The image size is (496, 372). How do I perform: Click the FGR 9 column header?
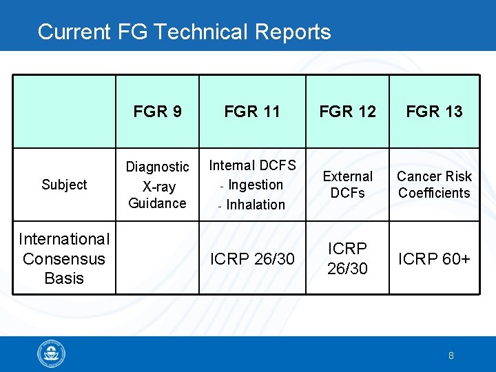tap(158, 112)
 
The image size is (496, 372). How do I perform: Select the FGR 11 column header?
tap(252, 112)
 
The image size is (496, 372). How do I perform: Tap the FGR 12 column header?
tap(347, 112)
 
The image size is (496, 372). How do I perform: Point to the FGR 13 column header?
tap(434, 112)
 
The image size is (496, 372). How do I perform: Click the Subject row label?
tap(64, 185)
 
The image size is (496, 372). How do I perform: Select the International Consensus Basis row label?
tap(64, 258)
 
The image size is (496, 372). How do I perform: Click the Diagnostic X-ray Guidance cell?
tap(157, 185)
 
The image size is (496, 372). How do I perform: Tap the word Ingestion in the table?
tap(256, 185)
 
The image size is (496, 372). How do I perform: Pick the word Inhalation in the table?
tap(256, 205)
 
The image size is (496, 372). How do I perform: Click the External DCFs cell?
tap(347, 185)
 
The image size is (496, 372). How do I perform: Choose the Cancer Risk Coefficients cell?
tap(434, 185)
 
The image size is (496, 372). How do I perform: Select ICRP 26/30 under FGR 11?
tap(252, 259)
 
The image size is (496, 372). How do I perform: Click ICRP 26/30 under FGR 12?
tap(347, 258)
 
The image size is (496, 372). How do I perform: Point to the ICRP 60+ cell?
tap(434, 259)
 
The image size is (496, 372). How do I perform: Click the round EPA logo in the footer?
tap(51, 354)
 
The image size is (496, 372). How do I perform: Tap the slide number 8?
tap(451, 355)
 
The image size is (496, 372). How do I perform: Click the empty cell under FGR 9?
tap(157, 258)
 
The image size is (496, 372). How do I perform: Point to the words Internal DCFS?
tap(252, 165)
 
